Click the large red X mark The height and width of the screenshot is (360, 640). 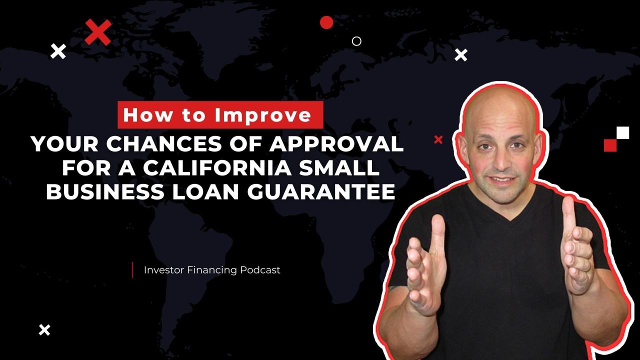coord(98,32)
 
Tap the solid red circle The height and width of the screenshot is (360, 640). coord(326,22)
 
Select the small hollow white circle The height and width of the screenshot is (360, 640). coord(356,41)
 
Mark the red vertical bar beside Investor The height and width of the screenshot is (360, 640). coord(132,270)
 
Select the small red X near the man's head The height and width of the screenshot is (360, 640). coord(438,140)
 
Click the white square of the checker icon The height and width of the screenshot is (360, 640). coord(622,132)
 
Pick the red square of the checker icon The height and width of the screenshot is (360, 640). coord(610,145)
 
